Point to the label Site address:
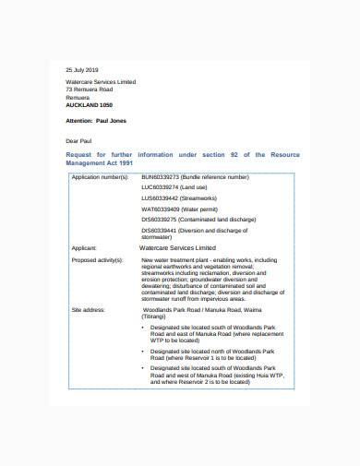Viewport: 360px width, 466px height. pos(87,310)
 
